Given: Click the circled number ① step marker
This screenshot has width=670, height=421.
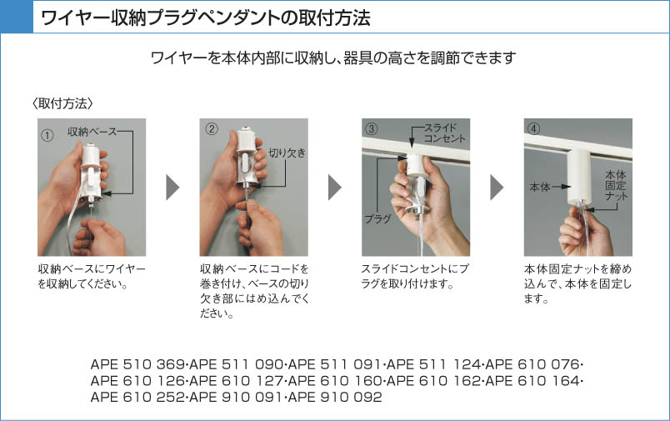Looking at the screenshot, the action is (x=47, y=136).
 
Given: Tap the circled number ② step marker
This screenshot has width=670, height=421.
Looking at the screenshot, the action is (x=212, y=128).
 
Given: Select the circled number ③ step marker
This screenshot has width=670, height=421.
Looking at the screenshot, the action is (x=372, y=128).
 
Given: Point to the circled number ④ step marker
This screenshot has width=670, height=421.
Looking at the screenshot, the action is (x=533, y=128).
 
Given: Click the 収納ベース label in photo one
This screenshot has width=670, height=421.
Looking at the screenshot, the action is (x=92, y=132).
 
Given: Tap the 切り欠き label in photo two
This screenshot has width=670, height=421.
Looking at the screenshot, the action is (x=287, y=153).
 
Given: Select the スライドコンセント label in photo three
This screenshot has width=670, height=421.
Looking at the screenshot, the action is (x=444, y=133).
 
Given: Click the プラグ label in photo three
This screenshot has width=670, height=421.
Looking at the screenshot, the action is (x=377, y=218).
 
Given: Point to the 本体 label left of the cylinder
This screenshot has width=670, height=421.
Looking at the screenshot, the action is (x=540, y=188).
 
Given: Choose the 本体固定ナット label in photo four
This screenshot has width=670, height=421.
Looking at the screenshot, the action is (x=616, y=186).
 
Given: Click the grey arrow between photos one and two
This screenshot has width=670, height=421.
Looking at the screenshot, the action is (x=172, y=188).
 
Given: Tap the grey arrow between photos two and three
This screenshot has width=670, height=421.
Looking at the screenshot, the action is (x=334, y=188).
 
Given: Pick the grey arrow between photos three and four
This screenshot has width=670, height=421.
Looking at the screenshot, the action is (x=497, y=188).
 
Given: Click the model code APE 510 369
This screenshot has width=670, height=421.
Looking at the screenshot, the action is (x=138, y=364).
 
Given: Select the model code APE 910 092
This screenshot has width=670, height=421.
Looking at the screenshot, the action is (x=336, y=397).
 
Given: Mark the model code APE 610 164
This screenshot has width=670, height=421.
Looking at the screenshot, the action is (x=532, y=381).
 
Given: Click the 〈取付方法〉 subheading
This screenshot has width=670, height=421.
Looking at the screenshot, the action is (x=62, y=103).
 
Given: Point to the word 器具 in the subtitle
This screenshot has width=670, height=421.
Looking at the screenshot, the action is (x=357, y=58).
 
